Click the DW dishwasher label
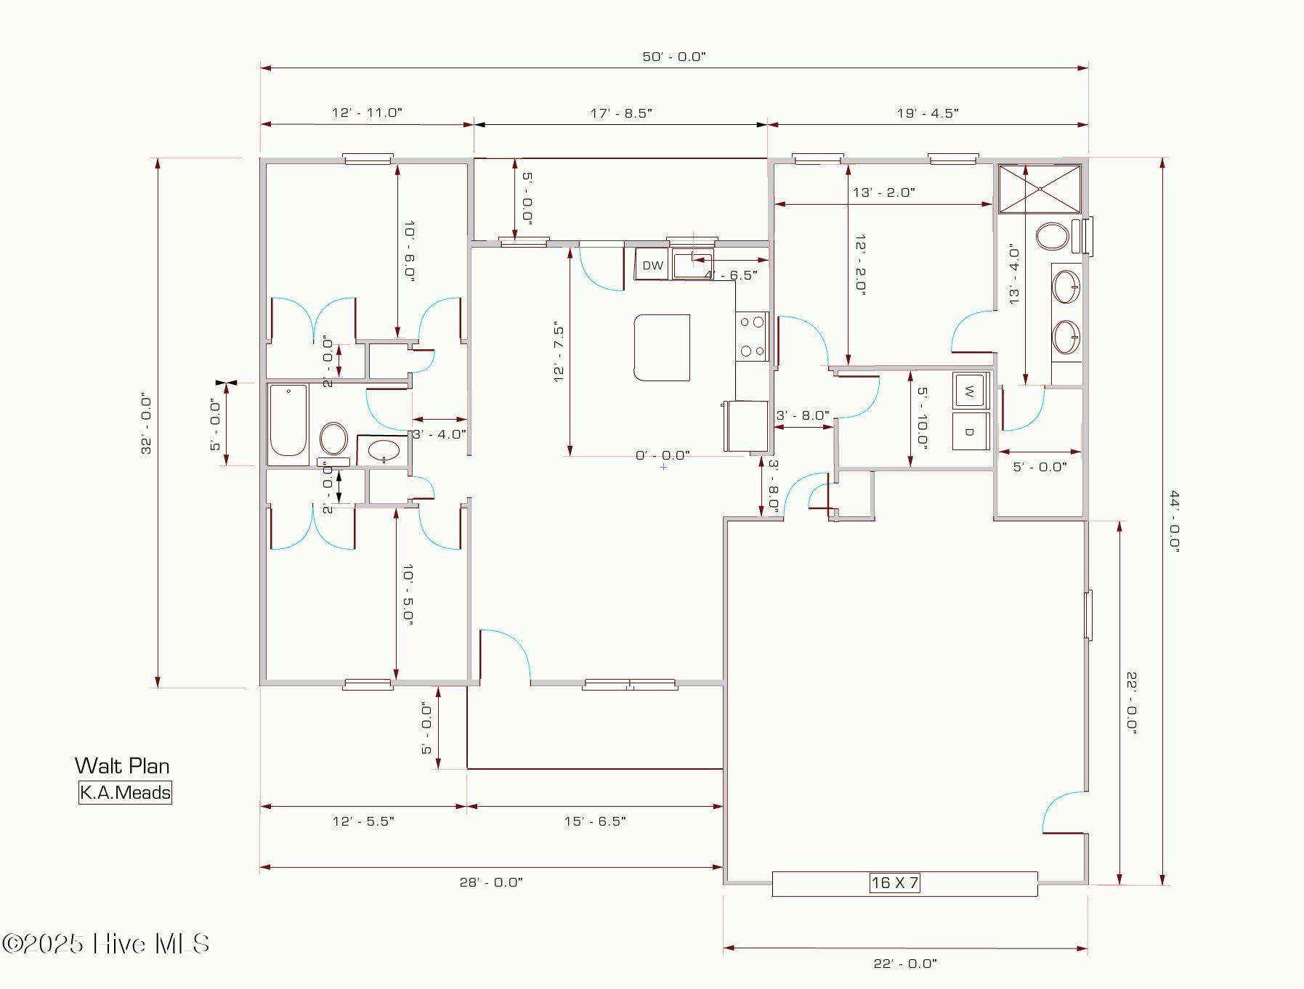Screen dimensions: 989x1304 652,266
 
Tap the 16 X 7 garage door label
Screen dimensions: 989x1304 894,883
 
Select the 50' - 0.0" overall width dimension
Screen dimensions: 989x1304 673,57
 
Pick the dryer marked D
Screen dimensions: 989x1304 969,431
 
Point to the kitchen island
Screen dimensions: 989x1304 662,347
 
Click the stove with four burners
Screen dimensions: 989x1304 752,336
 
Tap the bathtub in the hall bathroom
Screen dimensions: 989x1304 288,425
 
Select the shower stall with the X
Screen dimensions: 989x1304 1040,189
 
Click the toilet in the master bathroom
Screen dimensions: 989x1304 1052,237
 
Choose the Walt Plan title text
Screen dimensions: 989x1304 122,765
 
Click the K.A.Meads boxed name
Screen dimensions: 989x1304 125,792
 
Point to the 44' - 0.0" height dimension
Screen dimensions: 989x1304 1173,521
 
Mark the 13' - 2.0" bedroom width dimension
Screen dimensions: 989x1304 883,192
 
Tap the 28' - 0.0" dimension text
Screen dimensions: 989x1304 490,882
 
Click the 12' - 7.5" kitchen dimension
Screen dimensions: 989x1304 559,352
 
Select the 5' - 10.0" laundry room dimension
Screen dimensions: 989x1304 922,418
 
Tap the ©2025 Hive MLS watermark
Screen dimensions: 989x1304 107,944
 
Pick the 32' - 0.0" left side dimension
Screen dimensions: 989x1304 147,424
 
